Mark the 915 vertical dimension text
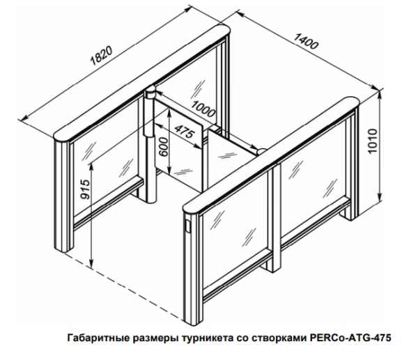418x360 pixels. (x=85, y=191)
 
